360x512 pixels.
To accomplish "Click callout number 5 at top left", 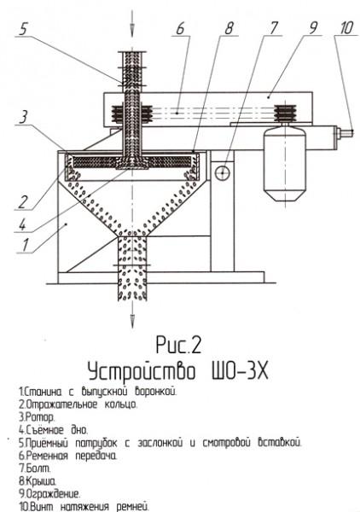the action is tap(23, 29).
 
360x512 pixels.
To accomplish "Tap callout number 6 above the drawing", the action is tap(181, 28).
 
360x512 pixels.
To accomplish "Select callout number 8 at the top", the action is tap(229, 28).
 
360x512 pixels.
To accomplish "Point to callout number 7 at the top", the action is tap(273, 28).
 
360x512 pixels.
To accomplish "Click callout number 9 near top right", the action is tap(313, 28).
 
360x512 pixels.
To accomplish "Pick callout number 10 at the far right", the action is tap(346, 28).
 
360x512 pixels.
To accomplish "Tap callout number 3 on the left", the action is tap(23, 118).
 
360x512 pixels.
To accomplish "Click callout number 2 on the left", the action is tap(22, 201).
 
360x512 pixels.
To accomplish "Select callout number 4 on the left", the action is tap(22, 225).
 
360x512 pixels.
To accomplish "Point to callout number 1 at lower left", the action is tap(25, 245).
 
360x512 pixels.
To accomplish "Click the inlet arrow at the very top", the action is tap(132, 23).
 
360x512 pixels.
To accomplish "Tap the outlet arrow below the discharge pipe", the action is tap(132, 314).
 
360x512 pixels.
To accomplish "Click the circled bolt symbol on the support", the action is tap(223, 172).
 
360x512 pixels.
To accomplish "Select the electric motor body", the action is tap(285, 164).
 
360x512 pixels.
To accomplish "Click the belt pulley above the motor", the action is tap(285, 113).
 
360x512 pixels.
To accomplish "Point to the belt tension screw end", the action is tap(345, 132).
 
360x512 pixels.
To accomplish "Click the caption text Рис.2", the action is tap(178, 345).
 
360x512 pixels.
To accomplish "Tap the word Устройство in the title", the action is tap(142, 372).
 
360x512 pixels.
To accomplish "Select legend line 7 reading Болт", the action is tap(35, 468).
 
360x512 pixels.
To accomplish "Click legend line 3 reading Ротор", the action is tap(37, 417).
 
